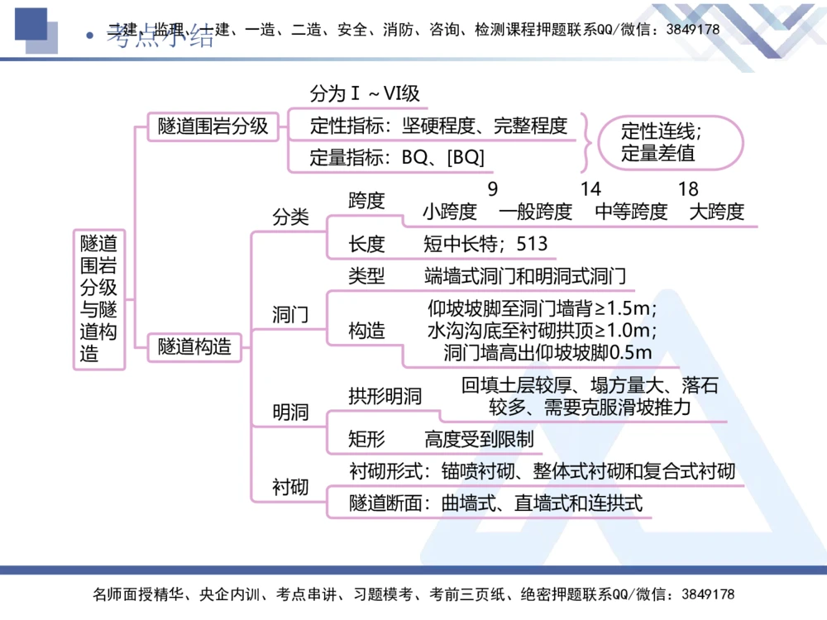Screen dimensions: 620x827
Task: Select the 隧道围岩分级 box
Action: point(213,126)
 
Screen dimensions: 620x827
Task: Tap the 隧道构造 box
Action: point(194,347)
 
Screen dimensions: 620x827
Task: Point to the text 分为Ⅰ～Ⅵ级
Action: point(365,93)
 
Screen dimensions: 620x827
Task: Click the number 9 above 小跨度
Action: point(493,189)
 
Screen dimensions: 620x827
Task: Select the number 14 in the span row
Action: point(590,189)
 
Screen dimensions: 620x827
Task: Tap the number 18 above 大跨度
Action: point(688,189)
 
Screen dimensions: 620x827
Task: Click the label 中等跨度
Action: point(631,212)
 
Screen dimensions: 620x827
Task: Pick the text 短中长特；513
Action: point(485,244)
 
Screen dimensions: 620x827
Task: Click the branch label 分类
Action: point(291,217)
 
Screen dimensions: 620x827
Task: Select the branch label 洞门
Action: point(291,315)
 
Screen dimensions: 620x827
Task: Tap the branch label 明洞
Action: point(291,412)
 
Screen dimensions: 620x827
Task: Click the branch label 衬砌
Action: point(291,487)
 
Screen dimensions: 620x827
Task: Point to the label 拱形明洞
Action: point(385,396)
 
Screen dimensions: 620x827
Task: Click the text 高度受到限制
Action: point(479,439)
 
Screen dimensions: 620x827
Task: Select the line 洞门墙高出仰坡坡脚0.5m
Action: point(547,353)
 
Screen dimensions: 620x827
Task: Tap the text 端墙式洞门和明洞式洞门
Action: point(524,276)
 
